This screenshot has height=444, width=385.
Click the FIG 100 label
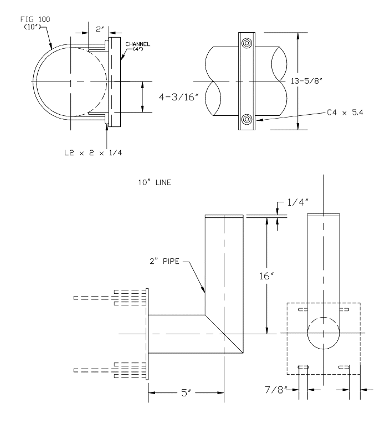tap(34, 21)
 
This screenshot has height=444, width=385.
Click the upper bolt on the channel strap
tap(247, 43)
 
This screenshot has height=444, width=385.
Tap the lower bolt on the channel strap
tap(247, 119)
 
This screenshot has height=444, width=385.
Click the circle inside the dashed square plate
tap(324, 333)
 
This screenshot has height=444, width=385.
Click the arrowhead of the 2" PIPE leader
tap(204, 292)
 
